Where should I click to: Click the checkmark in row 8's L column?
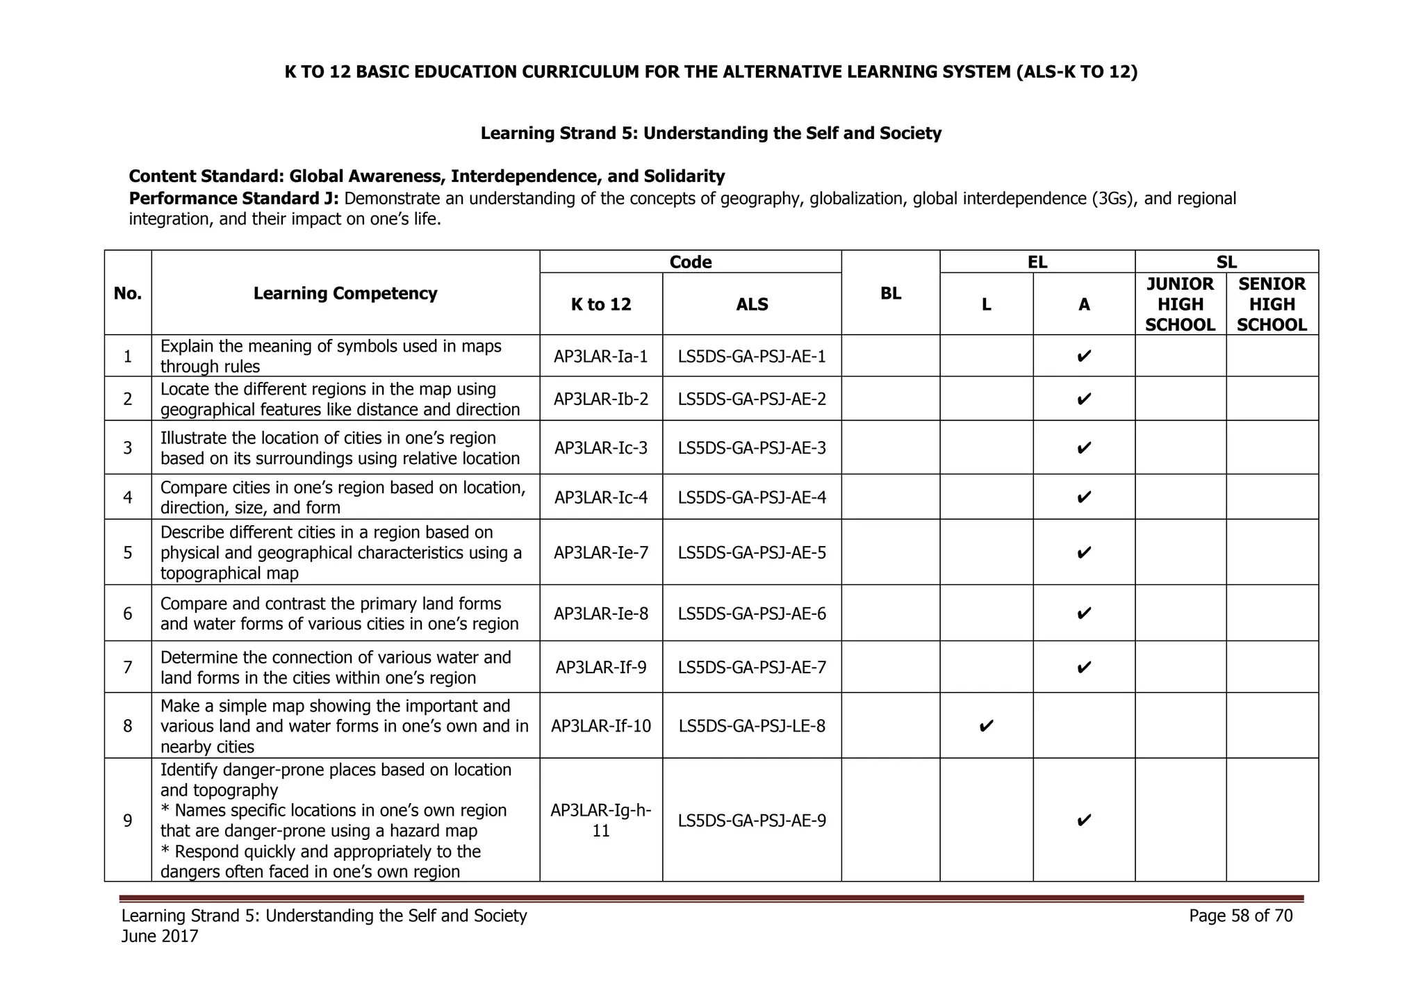click(986, 726)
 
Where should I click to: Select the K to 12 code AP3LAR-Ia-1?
click(601, 356)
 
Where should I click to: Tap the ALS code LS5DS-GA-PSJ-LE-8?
click(752, 726)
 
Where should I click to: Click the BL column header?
click(890, 293)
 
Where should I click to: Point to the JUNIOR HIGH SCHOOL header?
click(1180, 304)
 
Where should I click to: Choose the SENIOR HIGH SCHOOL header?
click(1272, 304)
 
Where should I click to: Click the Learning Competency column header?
click(345, 293)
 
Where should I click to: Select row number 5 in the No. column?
click(128, 552)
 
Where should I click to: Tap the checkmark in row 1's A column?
click(1083, 356)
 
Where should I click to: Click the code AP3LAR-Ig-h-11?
click(601, 821)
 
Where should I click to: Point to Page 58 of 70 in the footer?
click(1240, 916)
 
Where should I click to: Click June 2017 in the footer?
click(160, 937)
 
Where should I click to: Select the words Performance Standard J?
click(234, 199)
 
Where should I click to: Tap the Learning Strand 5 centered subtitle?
click(711, 133)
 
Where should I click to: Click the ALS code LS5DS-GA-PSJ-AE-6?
click(752, 613)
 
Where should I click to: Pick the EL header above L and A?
click(1037, 262)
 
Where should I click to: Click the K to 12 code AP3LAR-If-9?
click(601, 668)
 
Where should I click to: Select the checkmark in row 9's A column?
click(1083, 821)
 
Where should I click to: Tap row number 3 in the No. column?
click(128, 448)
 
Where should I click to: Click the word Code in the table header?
click(690, 262)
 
